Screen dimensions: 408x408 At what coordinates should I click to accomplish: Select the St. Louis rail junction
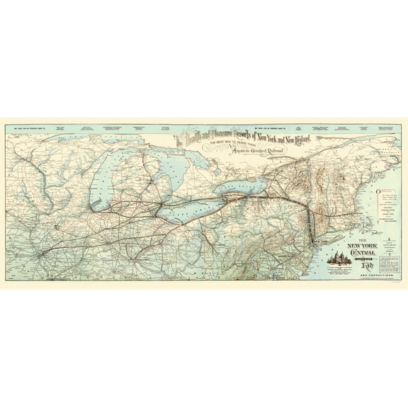(x=42, y=251)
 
